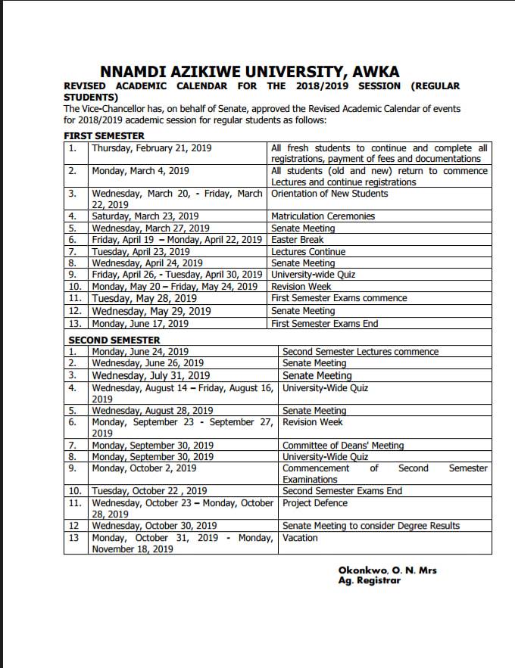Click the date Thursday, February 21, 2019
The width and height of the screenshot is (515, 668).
(x=151, y=148)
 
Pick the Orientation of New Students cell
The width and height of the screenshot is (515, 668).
(x=329, y=194)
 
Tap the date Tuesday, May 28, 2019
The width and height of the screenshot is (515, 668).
(x=144, y=298)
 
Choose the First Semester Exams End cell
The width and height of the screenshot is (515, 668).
(x=324, y=323)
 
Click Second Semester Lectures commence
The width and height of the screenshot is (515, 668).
(x=360, y=352)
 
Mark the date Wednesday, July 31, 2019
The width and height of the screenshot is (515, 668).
(x=151, y=375)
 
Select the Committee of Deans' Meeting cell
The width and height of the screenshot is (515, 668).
(x=343, y=446)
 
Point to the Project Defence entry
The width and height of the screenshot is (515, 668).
(x=315, y=503)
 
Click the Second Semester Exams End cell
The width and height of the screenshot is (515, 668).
(x=342, y=491)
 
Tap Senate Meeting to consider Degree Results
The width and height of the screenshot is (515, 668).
(x=371, y=526)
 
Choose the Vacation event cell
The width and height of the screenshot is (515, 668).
(x=300, y=538)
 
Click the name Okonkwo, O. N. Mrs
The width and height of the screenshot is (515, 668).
(x=387, y=570)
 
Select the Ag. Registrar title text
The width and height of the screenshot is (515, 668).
(x=369, y=580)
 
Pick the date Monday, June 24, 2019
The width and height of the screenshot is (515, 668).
(x=140, y=352)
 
